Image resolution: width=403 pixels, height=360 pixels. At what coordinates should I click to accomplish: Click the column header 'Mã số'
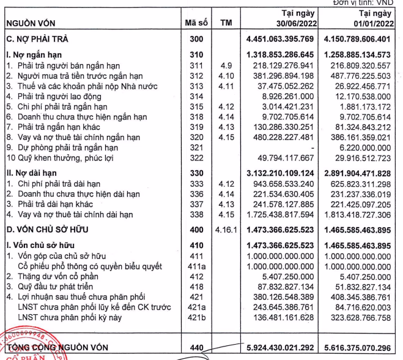(x=196, y=23)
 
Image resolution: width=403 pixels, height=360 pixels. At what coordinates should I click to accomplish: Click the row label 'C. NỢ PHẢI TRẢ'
(x=37, y=39)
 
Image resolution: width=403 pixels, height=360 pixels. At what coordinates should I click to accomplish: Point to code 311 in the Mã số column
(x=196, y=65)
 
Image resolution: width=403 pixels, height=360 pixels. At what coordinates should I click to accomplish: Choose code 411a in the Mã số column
(x=196, y=266)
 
